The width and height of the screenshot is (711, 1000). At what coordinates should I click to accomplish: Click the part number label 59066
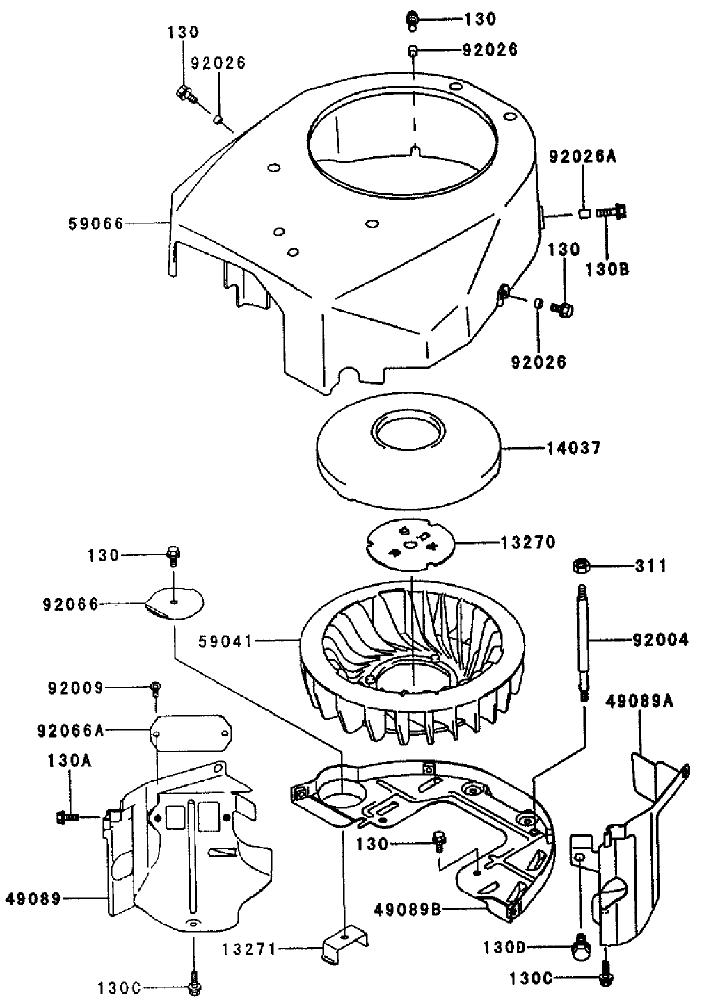click(x=96, y=223)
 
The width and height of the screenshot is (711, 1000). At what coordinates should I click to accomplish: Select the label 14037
click(x=573, y=449)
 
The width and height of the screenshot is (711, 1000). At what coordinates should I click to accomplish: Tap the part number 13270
click(x=528, y=542)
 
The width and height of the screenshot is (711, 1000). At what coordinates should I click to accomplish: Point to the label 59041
click(x=225, y=638)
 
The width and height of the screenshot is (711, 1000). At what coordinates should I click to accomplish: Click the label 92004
click(x=660, y=638)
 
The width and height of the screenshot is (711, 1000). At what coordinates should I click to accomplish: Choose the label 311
click(x=650, y=566)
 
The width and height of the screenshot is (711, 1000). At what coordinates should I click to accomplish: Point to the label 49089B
click(x=407, y=909)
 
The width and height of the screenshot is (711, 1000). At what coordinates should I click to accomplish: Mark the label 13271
click(x=250, y=948)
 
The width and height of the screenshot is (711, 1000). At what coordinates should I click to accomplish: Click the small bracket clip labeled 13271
click(x=346, y=946)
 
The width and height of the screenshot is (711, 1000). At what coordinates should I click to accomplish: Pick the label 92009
click(x=75, y=688)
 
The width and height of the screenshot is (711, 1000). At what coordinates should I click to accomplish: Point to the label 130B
click(x=607, y=268)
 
